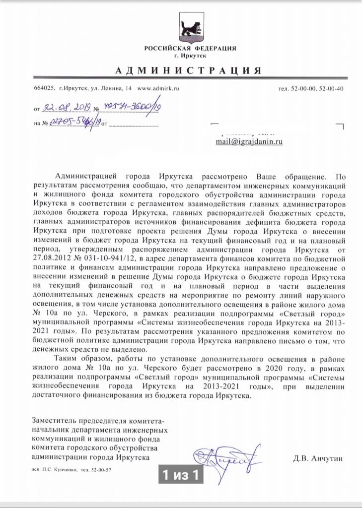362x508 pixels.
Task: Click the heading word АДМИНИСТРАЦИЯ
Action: [x=188, y=70]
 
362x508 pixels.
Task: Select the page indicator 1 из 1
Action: [x=181, y=475]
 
